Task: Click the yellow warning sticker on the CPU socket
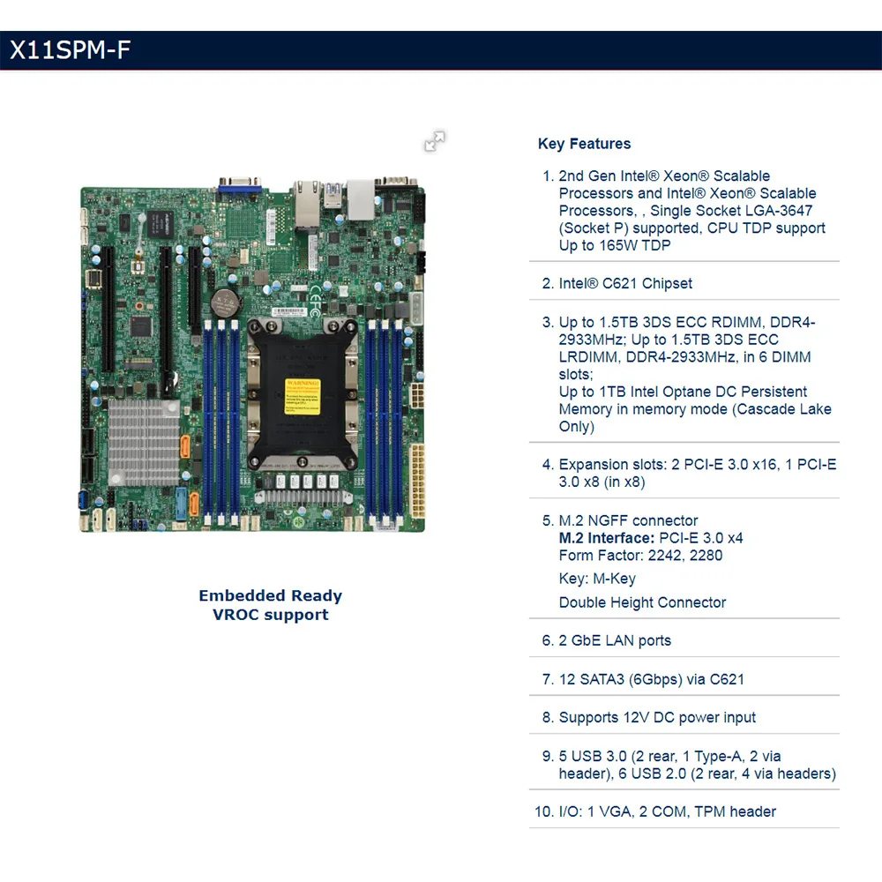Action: tap(302, 393)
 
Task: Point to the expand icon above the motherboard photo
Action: tap(435, 141)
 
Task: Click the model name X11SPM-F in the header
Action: tap(70, 50)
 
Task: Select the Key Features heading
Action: tap(584, 144)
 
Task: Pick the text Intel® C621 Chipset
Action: tap(625, 283)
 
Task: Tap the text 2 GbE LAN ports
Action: tap(615, 640)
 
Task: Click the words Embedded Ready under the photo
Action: tap(270, 596)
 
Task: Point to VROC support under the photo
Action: tap(270, 615)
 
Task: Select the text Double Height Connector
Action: tap(642, 602)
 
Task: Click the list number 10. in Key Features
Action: tap(543, 811)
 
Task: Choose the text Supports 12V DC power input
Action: tap(657, 717)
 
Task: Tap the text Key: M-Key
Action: tap(597, 579)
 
